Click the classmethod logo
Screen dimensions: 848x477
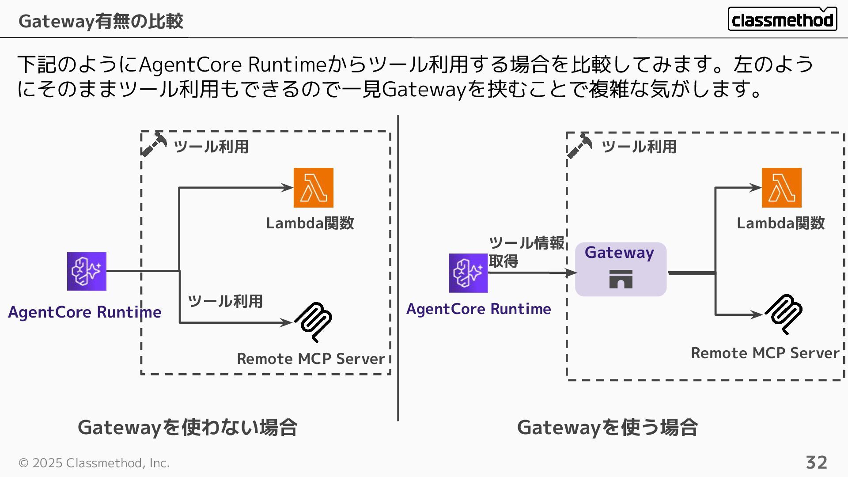(x=782, y=19)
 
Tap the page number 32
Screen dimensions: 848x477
(x=816, y=462)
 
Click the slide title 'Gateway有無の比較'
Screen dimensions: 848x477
(x=101, y=21)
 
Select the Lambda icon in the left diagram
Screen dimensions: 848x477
(x=314, y=188)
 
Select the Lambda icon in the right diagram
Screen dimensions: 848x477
(x=781, y=188)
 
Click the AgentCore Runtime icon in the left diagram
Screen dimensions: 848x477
(x=87, y=271)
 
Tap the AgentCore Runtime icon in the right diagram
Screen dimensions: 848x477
(x=468, y=273)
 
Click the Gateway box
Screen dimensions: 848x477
(x=621, y=269)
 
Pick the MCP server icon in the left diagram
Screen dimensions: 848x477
(x=314, y=322)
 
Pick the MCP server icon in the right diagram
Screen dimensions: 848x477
(x=784, y=314)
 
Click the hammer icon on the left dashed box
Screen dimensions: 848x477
(x=154, y=144)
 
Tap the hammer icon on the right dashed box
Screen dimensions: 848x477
(x=579, y=145)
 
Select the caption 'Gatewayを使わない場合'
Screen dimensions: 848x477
(x=188, y=427)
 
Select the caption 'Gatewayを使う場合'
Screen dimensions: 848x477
(x=607, y=427)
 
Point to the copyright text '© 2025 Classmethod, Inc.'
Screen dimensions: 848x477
(x=94, y=463)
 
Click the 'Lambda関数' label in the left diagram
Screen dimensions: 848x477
(x=310, y=223)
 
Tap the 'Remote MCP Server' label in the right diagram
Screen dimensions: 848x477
(x=765, y=353)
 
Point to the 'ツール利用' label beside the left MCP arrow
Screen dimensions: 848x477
(x=225, y=301)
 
